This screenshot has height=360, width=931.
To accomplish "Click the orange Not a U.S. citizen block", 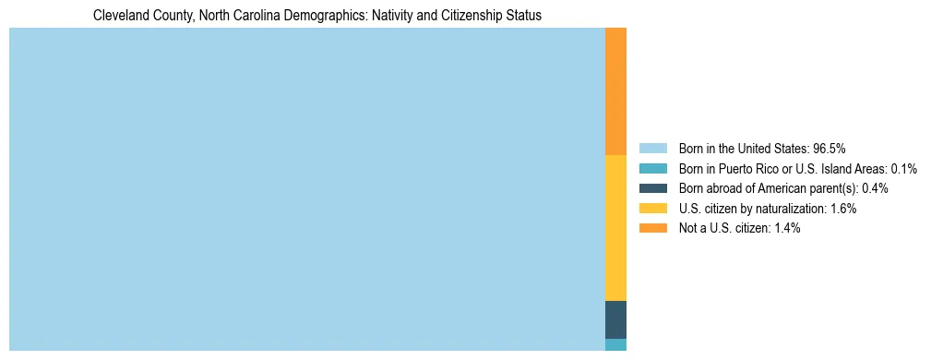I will [615, 91].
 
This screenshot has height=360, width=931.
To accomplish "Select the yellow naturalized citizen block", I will [615, 228].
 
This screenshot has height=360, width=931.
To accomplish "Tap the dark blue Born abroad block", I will [615, 319].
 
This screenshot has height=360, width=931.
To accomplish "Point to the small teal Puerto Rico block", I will [615, 344].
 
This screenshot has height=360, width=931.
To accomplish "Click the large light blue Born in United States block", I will [306, 189].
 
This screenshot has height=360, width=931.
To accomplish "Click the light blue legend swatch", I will [652, 148].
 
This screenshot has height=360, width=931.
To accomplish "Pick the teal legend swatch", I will [652, 168].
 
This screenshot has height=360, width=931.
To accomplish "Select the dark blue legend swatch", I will [652, 188].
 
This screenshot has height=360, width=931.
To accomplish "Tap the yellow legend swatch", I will [652, 209].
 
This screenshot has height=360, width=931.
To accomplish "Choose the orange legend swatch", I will [652, 228].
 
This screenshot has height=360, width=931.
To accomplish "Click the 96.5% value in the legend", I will [830, 148].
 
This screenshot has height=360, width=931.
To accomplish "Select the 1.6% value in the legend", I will [843, 209].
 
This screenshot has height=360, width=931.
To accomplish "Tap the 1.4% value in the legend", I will [787, 228].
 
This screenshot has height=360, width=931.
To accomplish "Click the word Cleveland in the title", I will [119, 16].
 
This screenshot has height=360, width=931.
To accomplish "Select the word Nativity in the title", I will [376, 16].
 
